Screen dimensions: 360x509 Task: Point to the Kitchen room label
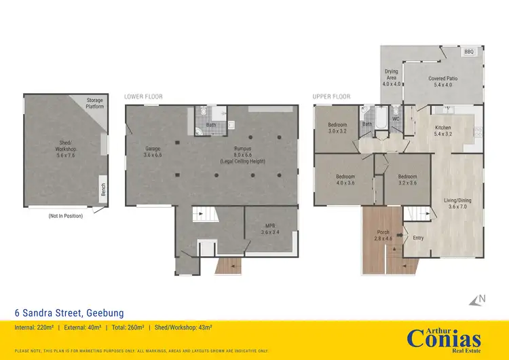[443, 131]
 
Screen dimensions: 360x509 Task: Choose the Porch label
[383, 236]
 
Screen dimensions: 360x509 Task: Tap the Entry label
[418, 238]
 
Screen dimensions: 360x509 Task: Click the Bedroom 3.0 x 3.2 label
[337, 128]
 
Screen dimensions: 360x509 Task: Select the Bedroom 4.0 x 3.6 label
[344, 179]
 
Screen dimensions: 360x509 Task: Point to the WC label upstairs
[395, 120]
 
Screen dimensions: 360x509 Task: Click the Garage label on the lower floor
[151, 151]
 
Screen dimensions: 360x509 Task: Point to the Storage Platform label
[94, 103]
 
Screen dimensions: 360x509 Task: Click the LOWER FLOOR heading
[143, 96]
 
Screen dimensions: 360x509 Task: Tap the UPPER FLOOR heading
[331, 96]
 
